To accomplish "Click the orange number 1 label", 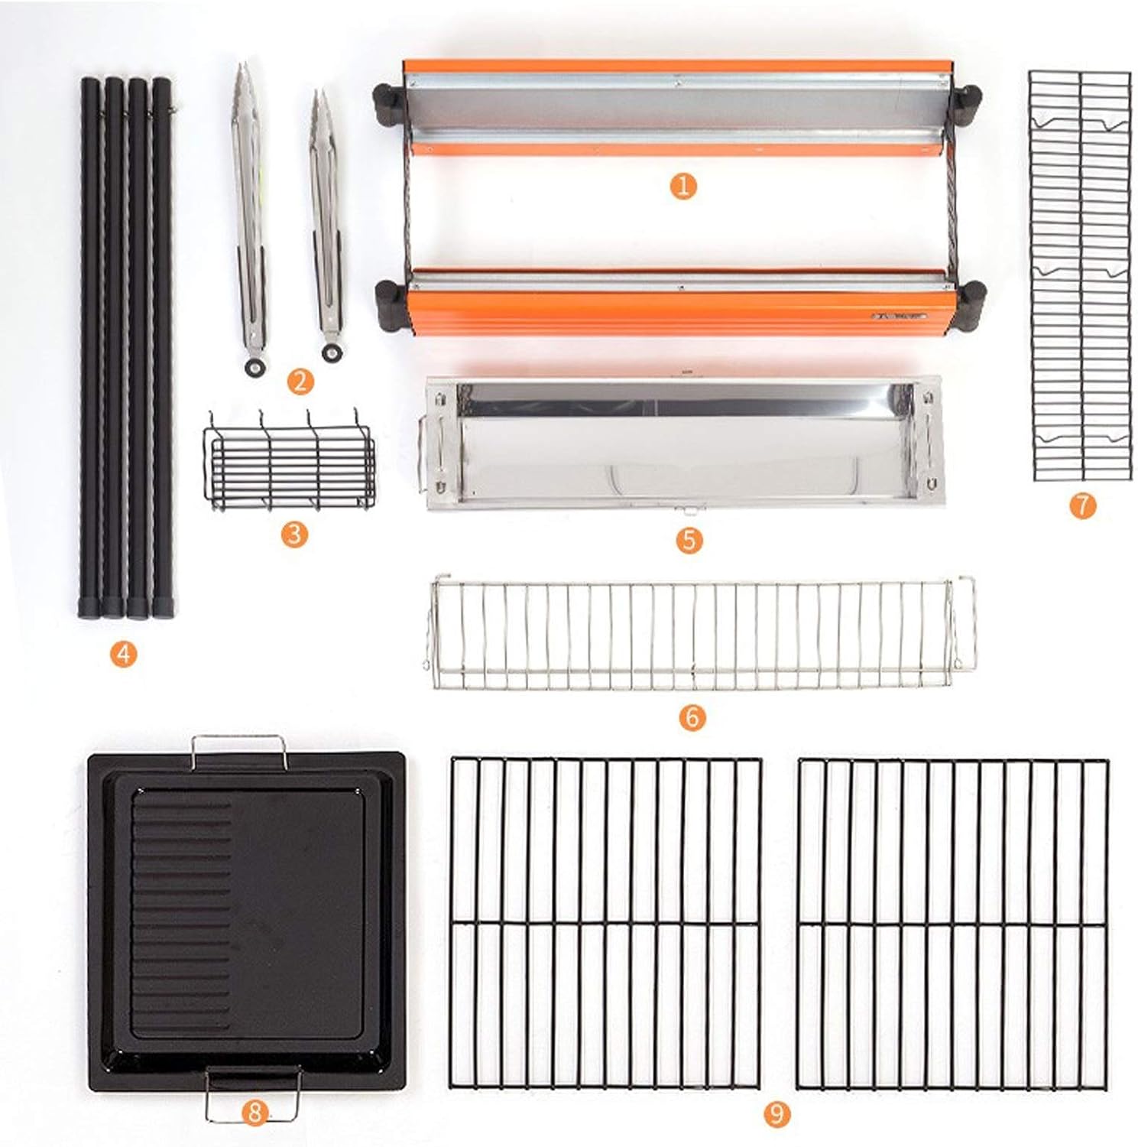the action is (682, 186).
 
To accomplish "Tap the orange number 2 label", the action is (300, 380).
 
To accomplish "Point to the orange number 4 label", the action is (123, 654).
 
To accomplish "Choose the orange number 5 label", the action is (689, 540).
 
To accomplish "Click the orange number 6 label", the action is (692, 716).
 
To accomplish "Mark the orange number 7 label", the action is (1082, 505).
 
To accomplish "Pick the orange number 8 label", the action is (255, 1113).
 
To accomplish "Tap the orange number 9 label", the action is (776, 1113).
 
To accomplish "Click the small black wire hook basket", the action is (288, 460).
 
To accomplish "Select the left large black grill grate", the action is (606, 924).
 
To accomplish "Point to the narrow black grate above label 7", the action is (1079, 275).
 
